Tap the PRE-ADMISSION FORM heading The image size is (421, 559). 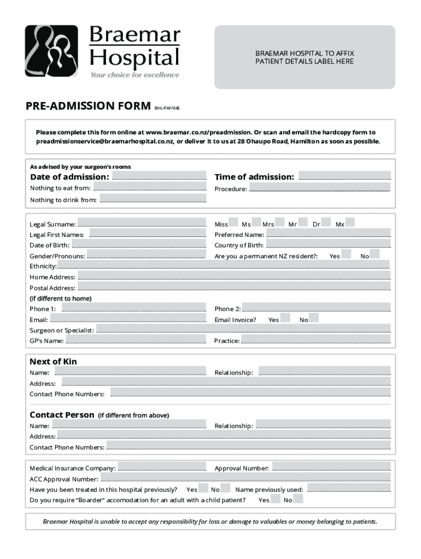(88, 105)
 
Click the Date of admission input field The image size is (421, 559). (159, 176)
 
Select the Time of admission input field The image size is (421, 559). (345, 176)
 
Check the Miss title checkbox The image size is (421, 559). (233, 223)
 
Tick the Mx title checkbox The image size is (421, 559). (350, 223)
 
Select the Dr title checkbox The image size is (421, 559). (326, 223)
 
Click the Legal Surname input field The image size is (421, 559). (142, 223)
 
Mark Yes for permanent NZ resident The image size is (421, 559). (346, 254)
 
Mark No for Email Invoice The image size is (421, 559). (314, 318)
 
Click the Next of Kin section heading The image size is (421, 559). (53, 361)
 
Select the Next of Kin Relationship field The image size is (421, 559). (324, 371)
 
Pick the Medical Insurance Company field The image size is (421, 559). (162, 467)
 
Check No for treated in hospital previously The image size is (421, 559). (225, 488)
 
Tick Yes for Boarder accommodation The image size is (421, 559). (276, 498)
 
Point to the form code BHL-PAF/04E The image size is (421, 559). (167, 108)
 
